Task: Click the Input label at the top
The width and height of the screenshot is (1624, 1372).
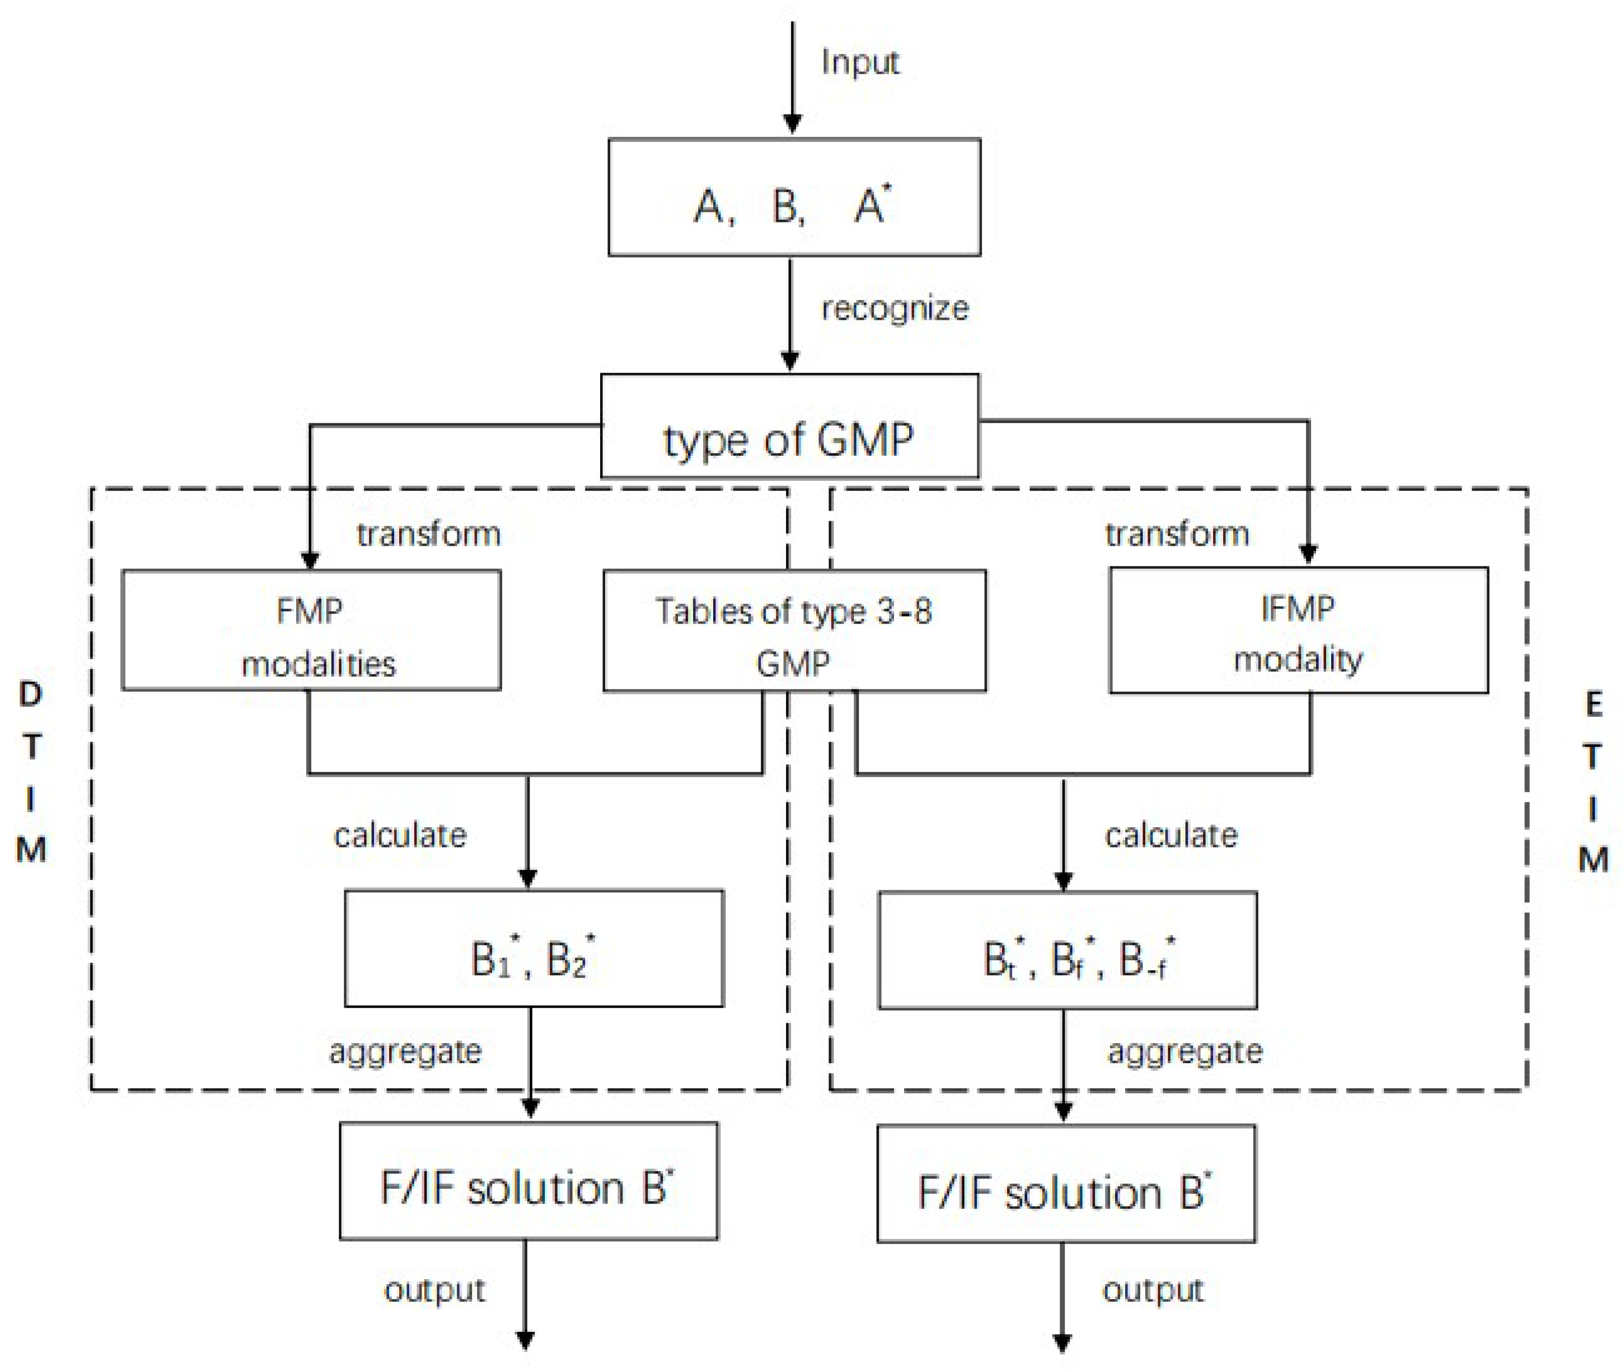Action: pos(860,62)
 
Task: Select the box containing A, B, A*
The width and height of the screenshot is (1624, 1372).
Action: pos(794,198)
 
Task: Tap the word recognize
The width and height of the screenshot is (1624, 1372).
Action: pos(895,309)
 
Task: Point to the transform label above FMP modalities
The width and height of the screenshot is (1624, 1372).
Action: pos(429,534)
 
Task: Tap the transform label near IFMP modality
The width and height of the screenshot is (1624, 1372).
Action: pos(1176,534)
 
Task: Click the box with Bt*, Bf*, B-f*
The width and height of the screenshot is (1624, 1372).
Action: pos(1067,950)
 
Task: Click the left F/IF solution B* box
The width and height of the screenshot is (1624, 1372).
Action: pos(528,1181)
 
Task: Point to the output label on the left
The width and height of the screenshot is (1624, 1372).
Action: pos(434,1290)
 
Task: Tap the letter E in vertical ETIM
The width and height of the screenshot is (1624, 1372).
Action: pos(1593,705)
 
